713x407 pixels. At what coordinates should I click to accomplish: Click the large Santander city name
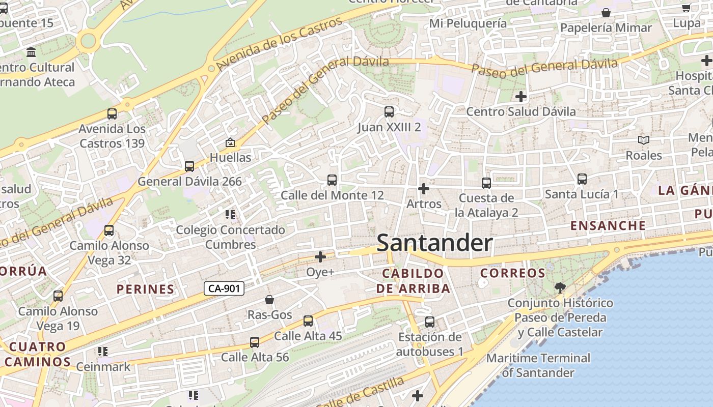point(434,243)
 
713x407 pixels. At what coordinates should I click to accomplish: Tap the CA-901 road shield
point(224,288)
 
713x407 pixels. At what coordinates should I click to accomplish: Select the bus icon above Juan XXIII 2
point(389,112)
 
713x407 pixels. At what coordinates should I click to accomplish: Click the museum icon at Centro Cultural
point(31,52)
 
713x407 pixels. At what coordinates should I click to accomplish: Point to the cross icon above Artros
point(423,189)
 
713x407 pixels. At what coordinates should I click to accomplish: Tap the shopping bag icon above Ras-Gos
point(269,300)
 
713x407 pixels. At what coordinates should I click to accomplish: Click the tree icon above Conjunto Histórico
point(560,288)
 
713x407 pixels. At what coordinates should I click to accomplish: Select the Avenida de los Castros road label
point(279,44)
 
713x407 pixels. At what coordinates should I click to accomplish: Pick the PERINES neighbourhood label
point(146,289)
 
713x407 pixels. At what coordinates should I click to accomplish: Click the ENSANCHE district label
point(608,225)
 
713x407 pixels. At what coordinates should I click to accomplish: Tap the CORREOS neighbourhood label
point(513,273)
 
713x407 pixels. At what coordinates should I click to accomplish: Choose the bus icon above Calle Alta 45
point(308,321)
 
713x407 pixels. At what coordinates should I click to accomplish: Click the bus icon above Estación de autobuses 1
point(430,322)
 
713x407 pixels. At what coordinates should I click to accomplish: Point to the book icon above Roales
point(644,140)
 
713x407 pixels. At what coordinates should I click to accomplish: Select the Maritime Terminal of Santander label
point(538,365)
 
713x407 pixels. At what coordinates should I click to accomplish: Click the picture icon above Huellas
point(230,142)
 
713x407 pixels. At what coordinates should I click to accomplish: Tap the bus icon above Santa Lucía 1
point(582,179)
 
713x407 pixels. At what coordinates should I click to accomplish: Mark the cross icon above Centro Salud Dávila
point(520,96)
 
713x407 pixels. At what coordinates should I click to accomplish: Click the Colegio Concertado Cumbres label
point(231,237)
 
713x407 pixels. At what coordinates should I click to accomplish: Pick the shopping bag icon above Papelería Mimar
point(606,13)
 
